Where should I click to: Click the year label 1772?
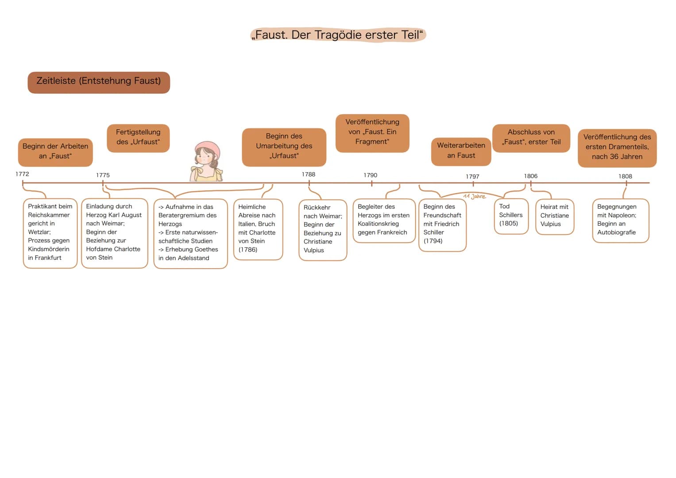(x=22, y=174)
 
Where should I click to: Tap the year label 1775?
(x=103, y=175)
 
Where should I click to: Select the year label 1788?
(x=309, y=174)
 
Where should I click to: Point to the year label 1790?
(x=370, y=175)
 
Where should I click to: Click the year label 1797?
(x=472, y=177)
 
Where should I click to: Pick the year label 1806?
(x=530, y=176)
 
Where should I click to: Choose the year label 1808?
(x=625, y=177)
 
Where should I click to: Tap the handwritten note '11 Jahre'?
(x=475, y=197)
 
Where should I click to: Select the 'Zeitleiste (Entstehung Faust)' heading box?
(x=99, y=82)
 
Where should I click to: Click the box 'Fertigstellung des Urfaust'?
(x=138, y=138)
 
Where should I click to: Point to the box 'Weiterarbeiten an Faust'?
(x=461, y=152)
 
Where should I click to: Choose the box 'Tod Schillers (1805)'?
(x=511, y=216)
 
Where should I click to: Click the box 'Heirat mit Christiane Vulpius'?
(x=555, y=217)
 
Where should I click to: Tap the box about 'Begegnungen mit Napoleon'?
(x=621, y=220)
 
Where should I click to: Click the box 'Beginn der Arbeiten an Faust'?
(x=55, y=152)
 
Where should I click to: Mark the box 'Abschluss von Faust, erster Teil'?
(x=531, y=138)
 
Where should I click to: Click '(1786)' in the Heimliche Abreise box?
(x=248, y=250)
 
